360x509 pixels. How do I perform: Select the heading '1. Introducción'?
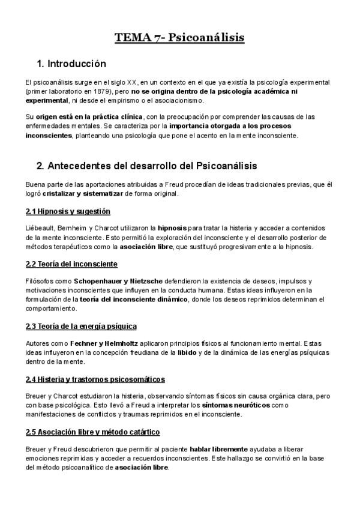tap(71, 64)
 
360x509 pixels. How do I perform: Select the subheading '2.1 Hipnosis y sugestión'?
tap(68, 212)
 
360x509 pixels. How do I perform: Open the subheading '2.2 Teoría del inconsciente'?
tap(71, 264)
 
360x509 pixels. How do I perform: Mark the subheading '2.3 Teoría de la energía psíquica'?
tap(81, 326)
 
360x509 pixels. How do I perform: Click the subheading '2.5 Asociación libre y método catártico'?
tap(92, 432)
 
